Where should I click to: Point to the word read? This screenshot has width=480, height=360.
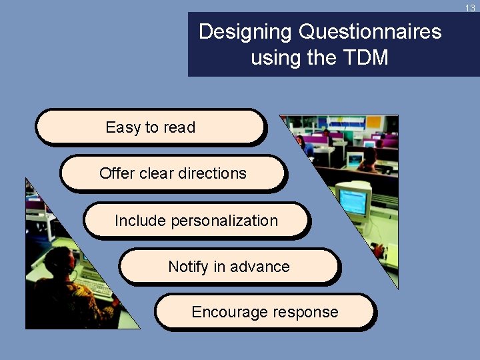point(179,127)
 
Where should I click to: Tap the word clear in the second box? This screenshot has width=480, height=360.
point(157,173)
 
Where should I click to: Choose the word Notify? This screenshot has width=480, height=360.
point(189,267)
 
